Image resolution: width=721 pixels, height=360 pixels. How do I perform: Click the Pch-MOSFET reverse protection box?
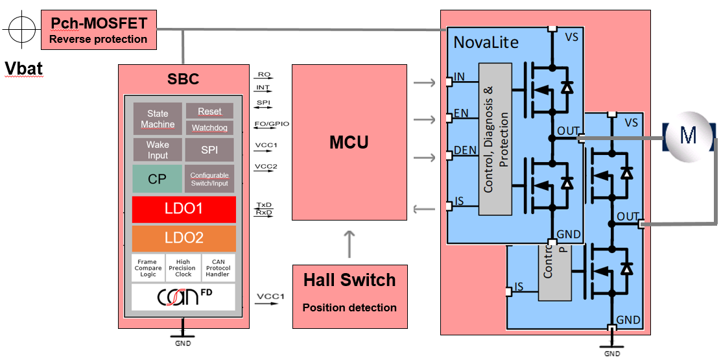coord(99,30)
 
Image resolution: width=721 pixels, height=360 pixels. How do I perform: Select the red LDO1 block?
coord(183,210)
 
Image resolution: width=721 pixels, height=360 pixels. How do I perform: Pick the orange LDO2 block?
coord(183,238)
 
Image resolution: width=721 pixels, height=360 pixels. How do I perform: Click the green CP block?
coord(157,179)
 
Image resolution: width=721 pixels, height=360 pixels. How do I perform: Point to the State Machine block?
coord(158,119)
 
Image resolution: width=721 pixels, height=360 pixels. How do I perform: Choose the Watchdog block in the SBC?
coord(209,128)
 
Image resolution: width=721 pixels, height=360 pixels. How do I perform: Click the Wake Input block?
coord(158,150)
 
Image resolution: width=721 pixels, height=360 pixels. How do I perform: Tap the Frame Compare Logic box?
coord(148,268)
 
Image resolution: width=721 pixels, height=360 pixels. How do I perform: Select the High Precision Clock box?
coord(183,268)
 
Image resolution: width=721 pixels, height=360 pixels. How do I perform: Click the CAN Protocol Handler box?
coord(218,268)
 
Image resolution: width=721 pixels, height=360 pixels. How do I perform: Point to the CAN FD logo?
coord(183,297)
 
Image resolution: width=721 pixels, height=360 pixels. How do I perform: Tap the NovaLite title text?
coord(486,43)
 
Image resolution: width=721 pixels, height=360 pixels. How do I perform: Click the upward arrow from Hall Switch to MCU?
coord(349,244)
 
